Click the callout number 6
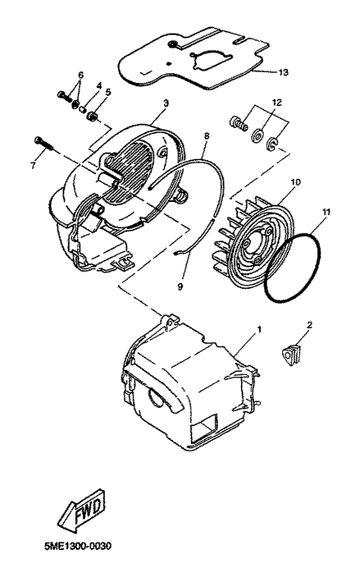[x=80, y=75]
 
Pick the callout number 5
[x=107, y=91]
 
